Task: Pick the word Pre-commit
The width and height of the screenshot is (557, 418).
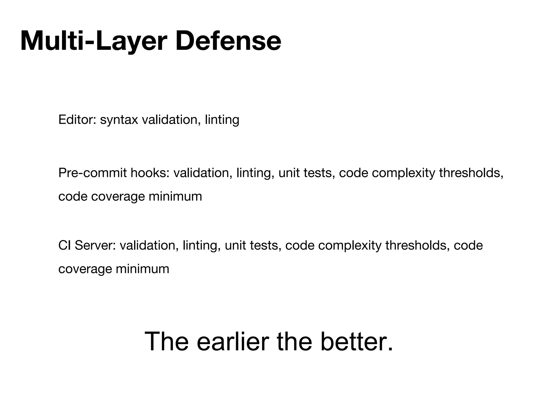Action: coord(92,173)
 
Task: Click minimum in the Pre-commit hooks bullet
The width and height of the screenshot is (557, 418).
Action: coord(175,196)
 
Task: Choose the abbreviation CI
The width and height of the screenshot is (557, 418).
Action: coord(64,245)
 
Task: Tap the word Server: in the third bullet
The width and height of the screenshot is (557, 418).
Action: coord(95,245)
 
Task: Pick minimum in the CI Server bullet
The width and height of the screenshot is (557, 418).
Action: coord(143,269)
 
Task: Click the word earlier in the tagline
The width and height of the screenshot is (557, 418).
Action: coord(233,342)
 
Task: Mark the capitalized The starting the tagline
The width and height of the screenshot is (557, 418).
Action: coord(166,342)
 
